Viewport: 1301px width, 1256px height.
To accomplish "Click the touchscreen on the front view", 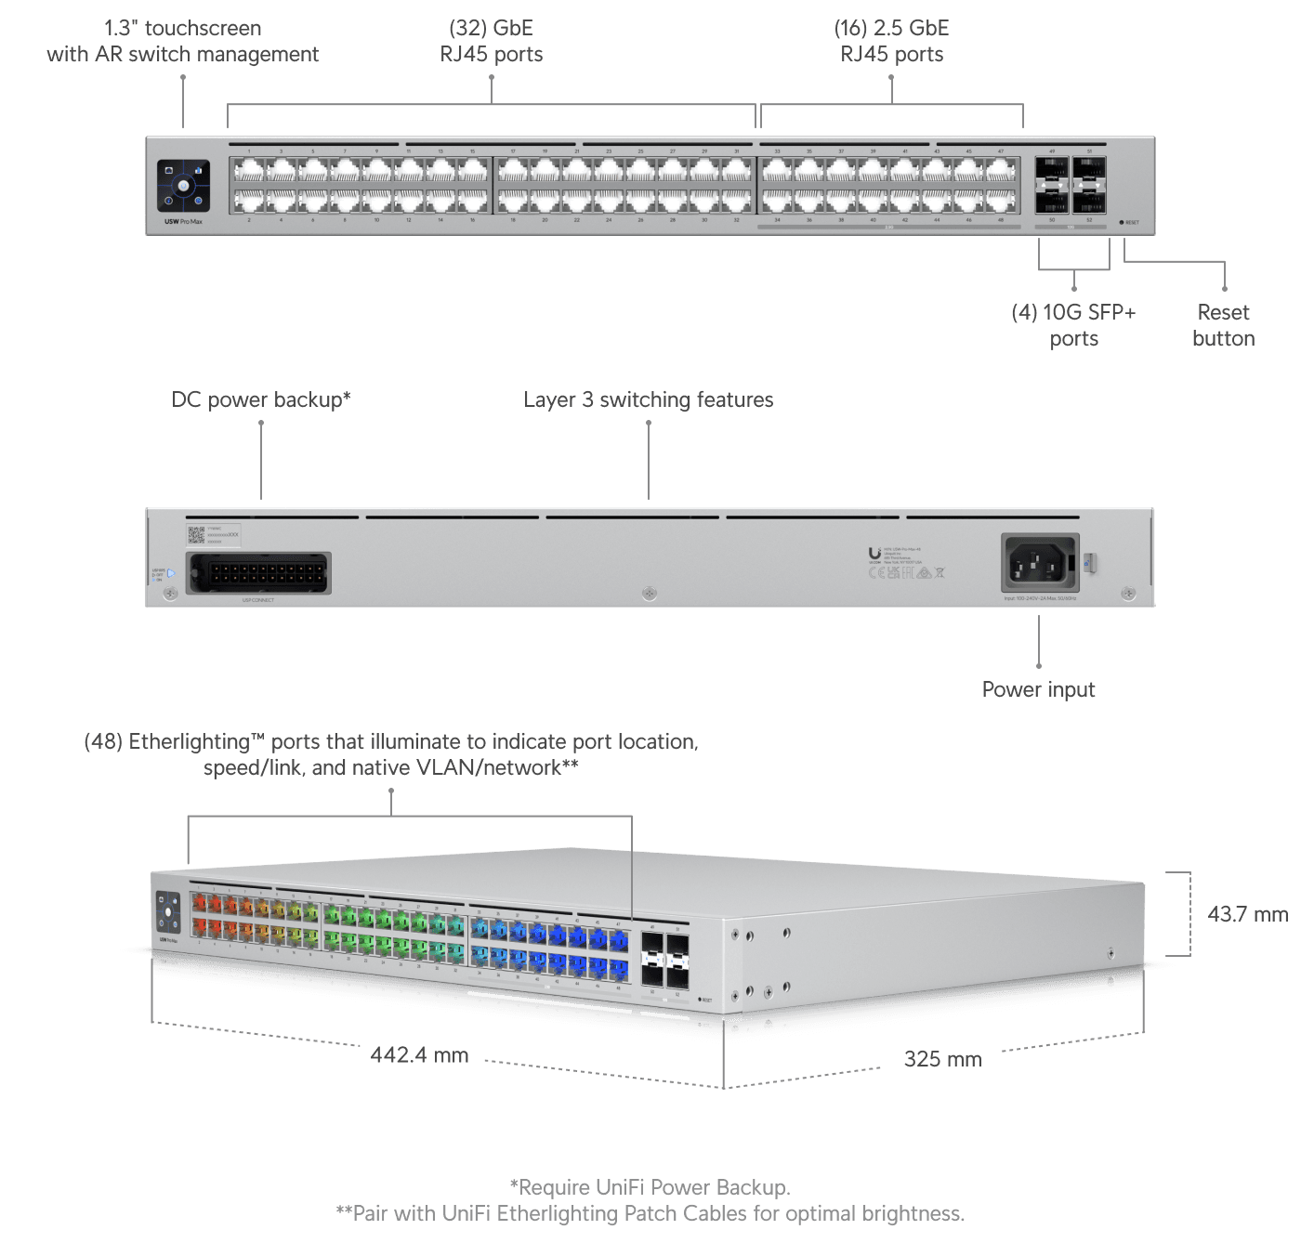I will click(183, 186).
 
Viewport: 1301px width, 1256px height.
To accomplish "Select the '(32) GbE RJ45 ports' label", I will click(491, 42).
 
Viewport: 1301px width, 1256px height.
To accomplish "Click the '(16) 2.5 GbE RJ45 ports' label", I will click(891, 42).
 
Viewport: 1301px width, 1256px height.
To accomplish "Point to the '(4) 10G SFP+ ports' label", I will click(1073, 325).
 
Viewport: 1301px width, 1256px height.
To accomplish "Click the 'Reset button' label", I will click(1223, 325).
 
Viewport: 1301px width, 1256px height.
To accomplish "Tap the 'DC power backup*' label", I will click(261, 399).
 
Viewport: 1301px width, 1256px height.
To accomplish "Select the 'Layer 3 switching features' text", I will click(648, 399).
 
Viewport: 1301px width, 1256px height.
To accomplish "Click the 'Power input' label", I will click(1038, 689).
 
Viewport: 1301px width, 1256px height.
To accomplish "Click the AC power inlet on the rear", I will click(1040, 563).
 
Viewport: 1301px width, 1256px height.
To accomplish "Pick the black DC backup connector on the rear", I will click(258, 573).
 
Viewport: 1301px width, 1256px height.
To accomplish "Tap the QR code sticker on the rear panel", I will click(196, 534).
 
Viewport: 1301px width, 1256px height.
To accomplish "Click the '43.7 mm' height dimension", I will click(1247, 914).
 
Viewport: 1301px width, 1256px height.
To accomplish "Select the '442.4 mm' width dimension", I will click(419, 1055).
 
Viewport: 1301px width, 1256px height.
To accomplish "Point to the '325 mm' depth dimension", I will click(942, 1059).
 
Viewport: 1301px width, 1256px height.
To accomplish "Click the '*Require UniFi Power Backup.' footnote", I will click(650, 1187).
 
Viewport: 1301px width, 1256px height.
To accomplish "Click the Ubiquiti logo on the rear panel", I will click(874, 555).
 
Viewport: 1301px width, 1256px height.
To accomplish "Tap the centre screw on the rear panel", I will click(650, 593).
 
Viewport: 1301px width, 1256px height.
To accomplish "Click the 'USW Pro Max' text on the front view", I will click(183, 222).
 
